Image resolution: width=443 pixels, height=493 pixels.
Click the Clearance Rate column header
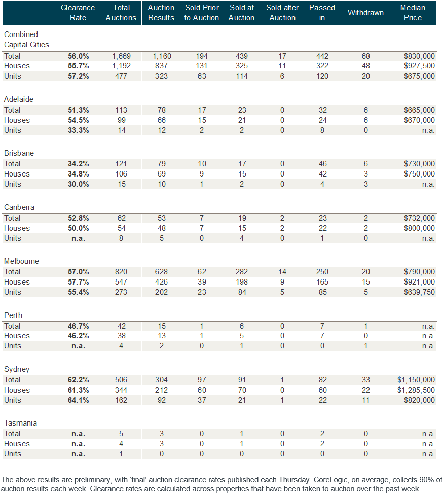tap(78, 13)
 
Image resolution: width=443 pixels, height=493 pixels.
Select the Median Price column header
tap(413, 13)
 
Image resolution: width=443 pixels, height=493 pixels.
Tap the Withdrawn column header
tap(365, 13)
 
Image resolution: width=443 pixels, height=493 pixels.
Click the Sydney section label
tap(14, 369)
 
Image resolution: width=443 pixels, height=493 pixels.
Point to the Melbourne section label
tap(21, 261)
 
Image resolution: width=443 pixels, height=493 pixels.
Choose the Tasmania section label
tap(20, 423)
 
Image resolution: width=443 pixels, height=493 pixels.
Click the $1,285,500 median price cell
tap(417, 390)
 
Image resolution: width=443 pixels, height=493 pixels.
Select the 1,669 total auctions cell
tap(121, 56)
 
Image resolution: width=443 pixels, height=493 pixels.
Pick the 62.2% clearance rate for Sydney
tap(79, 380)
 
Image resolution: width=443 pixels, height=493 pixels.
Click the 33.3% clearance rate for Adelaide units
tap(79, 130)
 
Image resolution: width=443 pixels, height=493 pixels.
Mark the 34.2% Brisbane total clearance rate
tap(79, 164)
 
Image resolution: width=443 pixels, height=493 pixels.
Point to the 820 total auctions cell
tap(121, 272)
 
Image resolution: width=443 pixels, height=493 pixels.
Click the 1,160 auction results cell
tap(161, 56)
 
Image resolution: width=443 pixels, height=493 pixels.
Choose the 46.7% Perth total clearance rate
tap(79, 326)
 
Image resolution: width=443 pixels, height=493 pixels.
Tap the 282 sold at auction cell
tap(241, 272)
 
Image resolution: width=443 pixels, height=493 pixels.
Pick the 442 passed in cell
tap(322, 56)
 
